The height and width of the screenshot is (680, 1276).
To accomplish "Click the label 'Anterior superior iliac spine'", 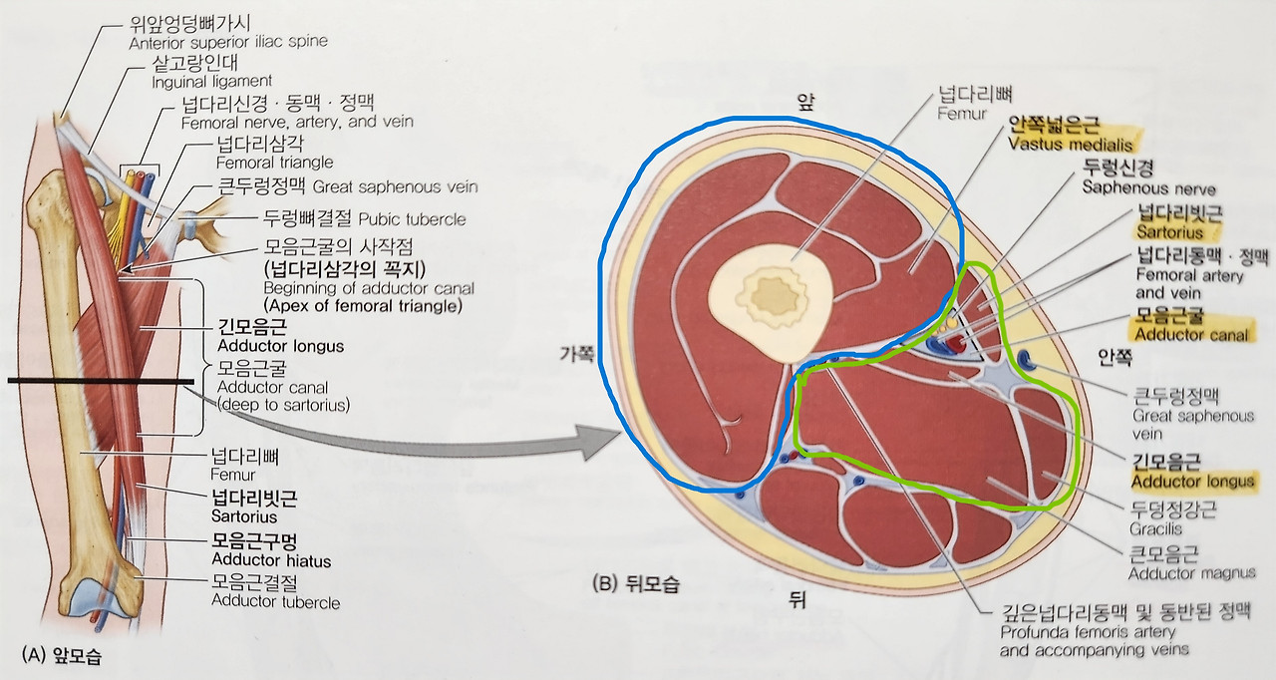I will [x=228, y=42].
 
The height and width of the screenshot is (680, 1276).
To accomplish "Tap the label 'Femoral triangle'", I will [x=274, y=162].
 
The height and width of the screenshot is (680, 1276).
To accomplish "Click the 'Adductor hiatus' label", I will [x=270, y=561].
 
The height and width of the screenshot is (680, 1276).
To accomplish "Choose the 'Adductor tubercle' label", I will [x=275, y=602].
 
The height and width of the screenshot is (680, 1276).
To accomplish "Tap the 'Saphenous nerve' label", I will [x=1143, y=187].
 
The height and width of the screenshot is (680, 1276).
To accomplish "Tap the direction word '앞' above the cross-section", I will [x=804, y=101].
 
